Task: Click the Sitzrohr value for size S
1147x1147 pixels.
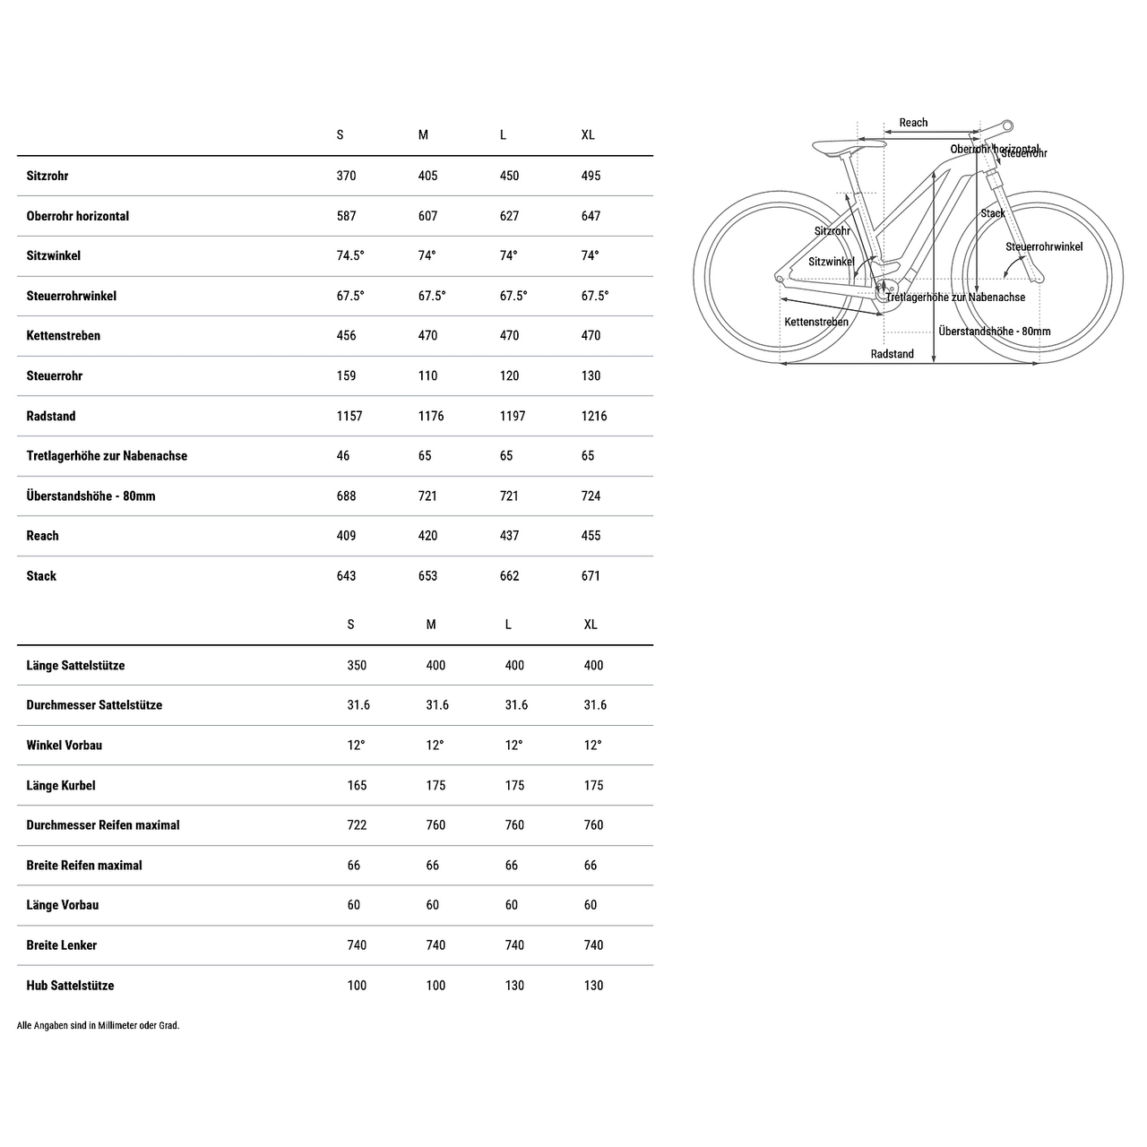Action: click(346, 176)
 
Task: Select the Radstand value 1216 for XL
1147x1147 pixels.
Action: click(594, 416)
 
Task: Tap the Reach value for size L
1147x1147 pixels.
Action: click(509, 536)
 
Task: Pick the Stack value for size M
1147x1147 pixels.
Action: click(428, 576)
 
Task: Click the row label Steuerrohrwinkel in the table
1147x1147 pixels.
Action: click(71, 296)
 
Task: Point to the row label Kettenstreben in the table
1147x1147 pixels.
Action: click(63, 336)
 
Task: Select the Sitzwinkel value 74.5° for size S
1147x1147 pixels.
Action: click(350, 255)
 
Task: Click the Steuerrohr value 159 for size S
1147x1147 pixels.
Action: click(346, 376)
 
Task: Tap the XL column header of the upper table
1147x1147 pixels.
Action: click(588, 135)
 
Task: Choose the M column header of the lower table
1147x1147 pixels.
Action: click(431, 625)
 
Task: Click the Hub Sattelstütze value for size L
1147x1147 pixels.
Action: click(514, 986)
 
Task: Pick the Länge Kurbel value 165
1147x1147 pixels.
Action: click(357, 786)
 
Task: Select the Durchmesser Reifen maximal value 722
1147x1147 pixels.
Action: click(357, 825)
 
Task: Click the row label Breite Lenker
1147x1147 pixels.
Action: click(61, 945)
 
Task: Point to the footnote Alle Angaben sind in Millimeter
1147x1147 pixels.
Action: click(98, 1026)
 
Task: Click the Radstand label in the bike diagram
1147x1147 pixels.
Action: click(892, 354)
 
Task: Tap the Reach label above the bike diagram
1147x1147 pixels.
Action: click(913, 123)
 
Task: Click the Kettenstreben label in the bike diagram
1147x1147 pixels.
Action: click(815, 322)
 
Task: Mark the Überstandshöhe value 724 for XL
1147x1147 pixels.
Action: click(591, 496)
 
